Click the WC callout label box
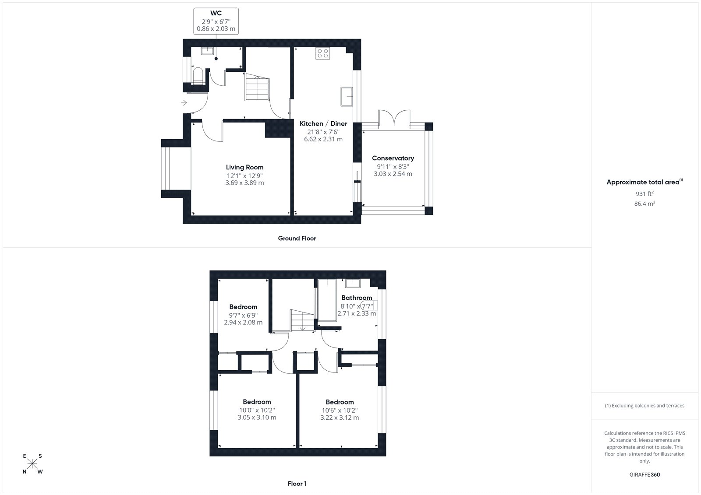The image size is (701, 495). pyautogui.click(x=216, y=21)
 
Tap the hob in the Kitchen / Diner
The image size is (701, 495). pyautogui.click(x=322, y=53)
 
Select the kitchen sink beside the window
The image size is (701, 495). pyautogui.click(x=347, y=96)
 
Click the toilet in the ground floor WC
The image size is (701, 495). pyautogui.click(x=198, y=76)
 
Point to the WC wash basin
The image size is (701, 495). pyautogui.click(x=207, y=51)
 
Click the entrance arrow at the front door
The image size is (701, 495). pyautogui.click(x=184, y=102)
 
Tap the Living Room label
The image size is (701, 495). pyautogui.click(x=245, y=167)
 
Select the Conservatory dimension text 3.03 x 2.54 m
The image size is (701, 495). pyautogui.click(x=393, y=174)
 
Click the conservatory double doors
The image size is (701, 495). pyautogui.click(x=394, y=118)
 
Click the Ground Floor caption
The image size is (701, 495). pyautogui.click(x=297, y=238)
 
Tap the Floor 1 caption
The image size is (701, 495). pyautogui.click(x=297, y=484)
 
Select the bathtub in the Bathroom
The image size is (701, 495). pyautogui.click(x=327, y=300)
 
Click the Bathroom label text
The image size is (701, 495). pyautogui.click(x=357, y=298)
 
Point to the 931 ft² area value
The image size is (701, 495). pyautogui.click(x=644, y=193)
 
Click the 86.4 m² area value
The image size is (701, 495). pyautogui.click(x=644, y=204)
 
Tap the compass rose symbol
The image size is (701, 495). pyautogui.click(x=32, y=463)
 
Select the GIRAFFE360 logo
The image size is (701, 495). pyautogui.click(x=644, y=474)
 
